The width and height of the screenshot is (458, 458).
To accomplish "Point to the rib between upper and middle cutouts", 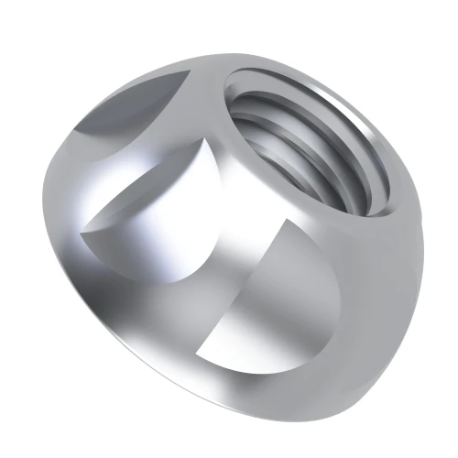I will pyautogui.click(x=137, y=169).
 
